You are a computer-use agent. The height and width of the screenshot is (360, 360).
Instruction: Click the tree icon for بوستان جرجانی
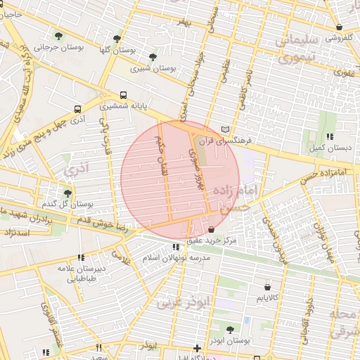coord(58,36)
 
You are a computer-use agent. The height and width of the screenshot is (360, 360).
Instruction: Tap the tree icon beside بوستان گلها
coord(117,39)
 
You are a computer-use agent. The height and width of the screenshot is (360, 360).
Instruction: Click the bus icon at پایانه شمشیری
coord(124,95)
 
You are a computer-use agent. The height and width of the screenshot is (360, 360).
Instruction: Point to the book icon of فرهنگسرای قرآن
coord(225,130)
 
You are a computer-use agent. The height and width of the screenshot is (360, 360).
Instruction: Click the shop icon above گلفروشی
coord(340,27)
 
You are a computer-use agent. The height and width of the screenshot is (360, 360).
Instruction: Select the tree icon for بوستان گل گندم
coord(67,193)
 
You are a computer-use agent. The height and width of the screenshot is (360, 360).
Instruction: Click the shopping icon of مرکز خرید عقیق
coord(212,230)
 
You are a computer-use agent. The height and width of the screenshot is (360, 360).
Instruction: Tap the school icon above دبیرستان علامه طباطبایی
coord(81,257)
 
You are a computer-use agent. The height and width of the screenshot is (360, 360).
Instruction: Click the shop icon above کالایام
coord(267,287)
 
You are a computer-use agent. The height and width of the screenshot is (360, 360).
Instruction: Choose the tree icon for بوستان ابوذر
coord(231,329)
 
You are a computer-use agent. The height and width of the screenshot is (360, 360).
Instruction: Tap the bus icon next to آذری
coord(77,109)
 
